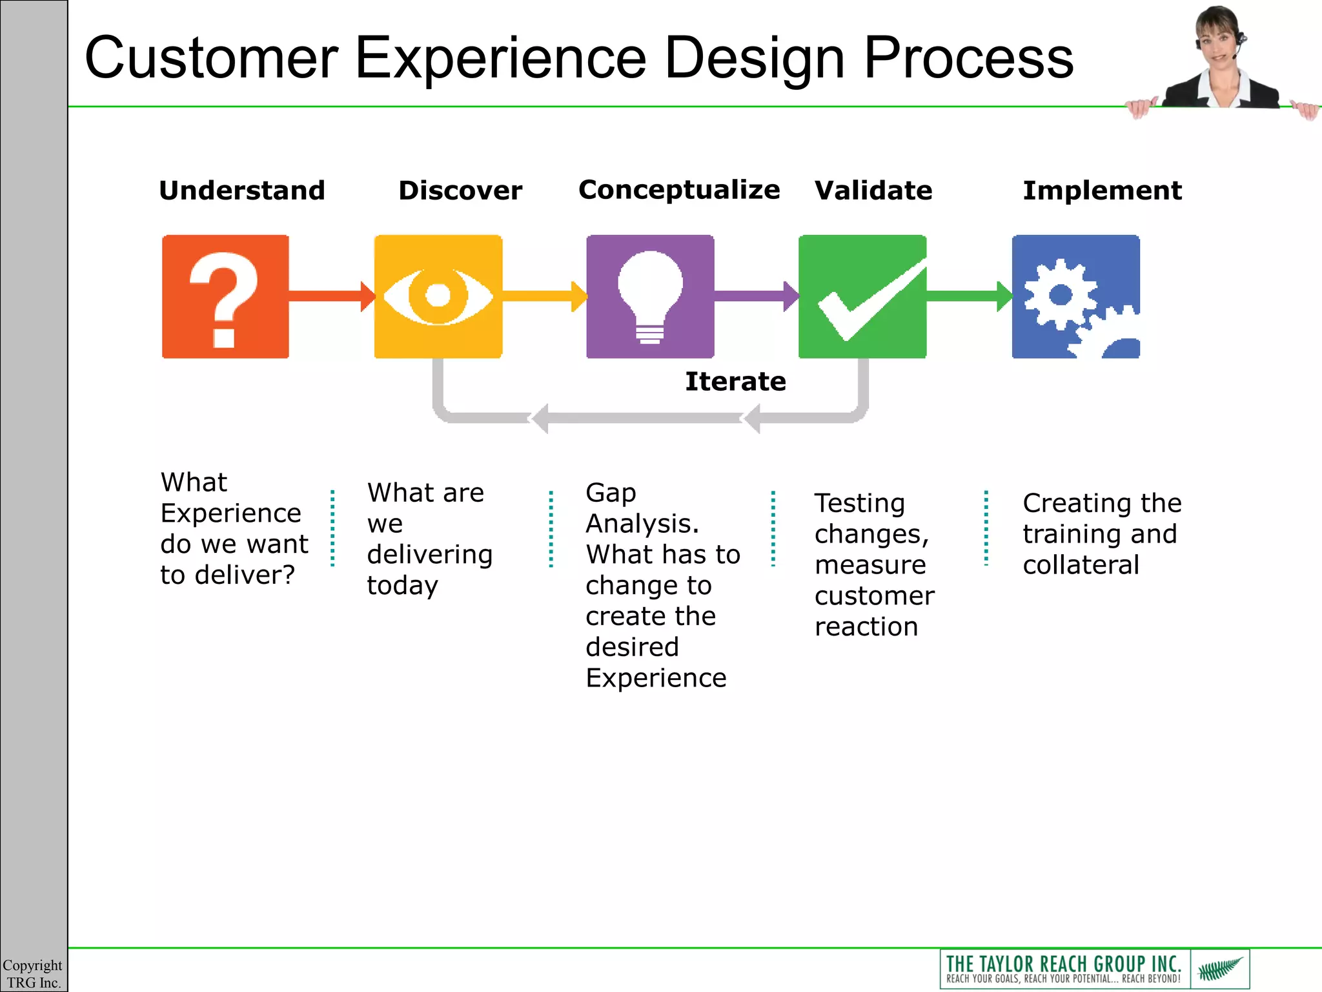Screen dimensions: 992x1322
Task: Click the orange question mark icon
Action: click(x=225, y=296)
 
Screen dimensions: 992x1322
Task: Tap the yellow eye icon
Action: click(x=438, y=296)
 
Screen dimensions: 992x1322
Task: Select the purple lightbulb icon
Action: click(x=650, y=296)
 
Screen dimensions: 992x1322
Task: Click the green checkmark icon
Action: click(x=862, y=296)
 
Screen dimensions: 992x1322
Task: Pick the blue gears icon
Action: click(x=1075, y=296)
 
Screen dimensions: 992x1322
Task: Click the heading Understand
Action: click(x=242, y=191)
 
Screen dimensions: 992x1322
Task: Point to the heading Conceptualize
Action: click(x=679, y=190)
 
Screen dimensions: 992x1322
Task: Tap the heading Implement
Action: click(x=1102, y=191)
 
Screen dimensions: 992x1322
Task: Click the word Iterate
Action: click(x=735, y=382)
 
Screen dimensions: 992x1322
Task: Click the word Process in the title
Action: click(x=968, y=58)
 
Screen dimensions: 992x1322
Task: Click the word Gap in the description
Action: click(x=611, y=493)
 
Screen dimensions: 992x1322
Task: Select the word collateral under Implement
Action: click(x=1081, y=565)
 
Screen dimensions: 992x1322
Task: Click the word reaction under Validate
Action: click(x=866, y=626)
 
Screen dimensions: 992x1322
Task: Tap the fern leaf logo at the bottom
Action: click(x=1220, y=969)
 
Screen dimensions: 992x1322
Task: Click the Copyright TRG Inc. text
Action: click(x=33, y=974)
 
